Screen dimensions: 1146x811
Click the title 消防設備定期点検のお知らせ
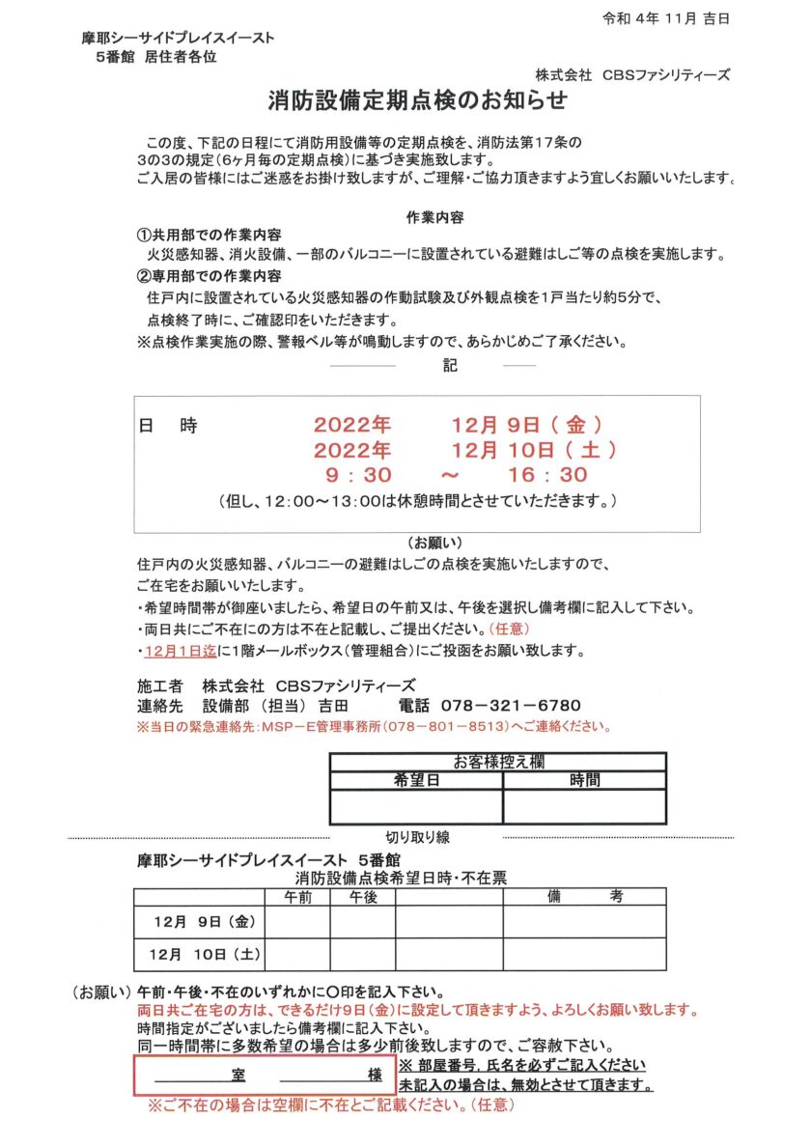click(x=417, y=101)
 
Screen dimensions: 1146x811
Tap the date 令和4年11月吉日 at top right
click(x=665, y=18)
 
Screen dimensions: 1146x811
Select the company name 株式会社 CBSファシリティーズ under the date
click(x=632, y=74)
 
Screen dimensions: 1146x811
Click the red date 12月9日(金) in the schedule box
click(x=528, y=424)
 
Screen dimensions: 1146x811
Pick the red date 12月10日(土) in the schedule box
click(x=534, y=449)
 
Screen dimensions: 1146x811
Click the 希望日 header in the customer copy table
click(x=416, y=778)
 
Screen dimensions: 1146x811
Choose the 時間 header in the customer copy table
click(x=584, y=778)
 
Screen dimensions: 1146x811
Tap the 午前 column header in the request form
click(x=297, y=897)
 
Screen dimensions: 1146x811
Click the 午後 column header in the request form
click(x=363, y=897)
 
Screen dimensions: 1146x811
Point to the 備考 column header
click(x=584, y=897)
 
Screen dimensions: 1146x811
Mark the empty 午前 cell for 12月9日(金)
click(x=297, y=922)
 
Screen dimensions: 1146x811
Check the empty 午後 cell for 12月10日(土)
click(x=363, y=954)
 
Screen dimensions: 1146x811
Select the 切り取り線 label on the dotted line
click(x=417, y=837)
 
